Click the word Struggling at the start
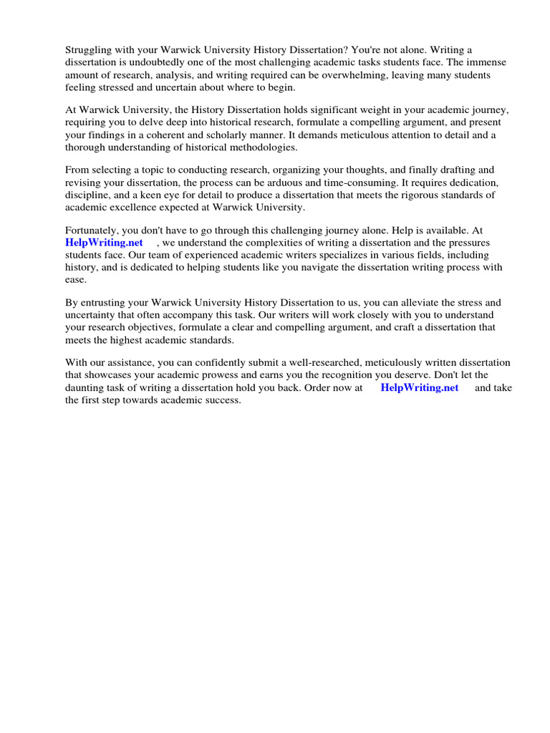[x=88, y=49]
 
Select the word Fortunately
[x=92, y=230]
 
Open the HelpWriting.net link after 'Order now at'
[x=419, y=387]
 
